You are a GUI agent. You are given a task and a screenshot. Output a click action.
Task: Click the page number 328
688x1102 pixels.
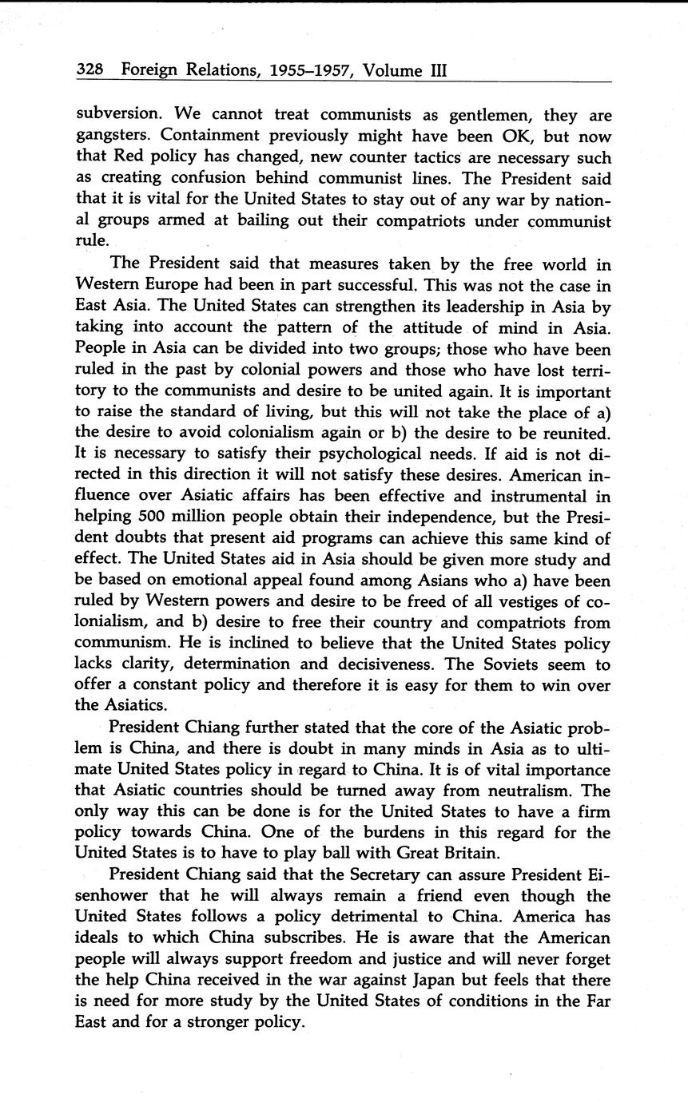[89, 70]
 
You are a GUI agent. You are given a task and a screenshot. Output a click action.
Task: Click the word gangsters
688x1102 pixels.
[111, 137]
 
